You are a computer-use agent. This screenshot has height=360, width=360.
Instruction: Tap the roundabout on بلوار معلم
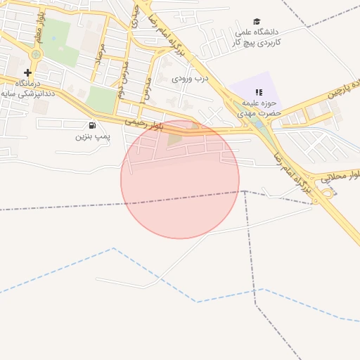(36, 53)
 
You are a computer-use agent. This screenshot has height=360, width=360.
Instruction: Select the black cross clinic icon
(27, 72)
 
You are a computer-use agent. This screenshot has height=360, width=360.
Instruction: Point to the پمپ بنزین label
(94, 136)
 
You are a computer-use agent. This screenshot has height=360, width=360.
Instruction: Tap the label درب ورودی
(191, 78)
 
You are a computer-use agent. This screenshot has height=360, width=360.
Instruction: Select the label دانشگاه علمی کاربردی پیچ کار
(257, 37)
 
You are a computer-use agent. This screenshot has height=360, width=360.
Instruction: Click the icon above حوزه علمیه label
(259, 91)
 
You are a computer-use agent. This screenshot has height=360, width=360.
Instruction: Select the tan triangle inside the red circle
(174, 139)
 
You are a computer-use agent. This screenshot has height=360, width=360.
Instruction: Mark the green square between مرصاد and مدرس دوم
(102, 100)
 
